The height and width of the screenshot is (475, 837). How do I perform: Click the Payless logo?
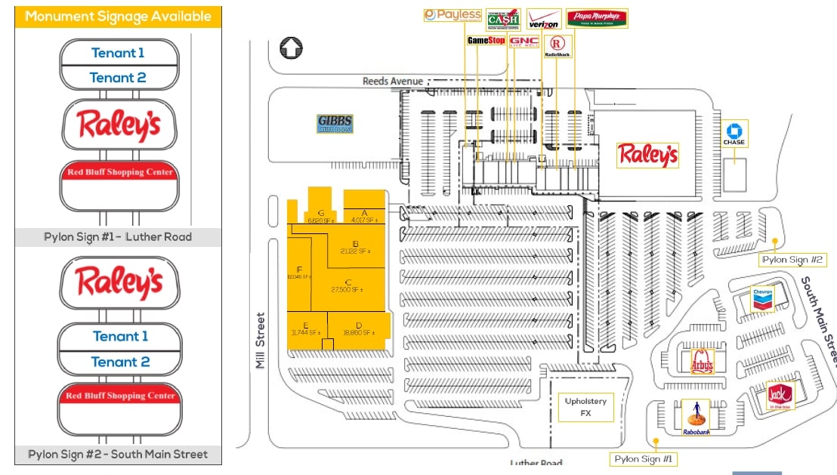pyautogui.click(x=452, y=15)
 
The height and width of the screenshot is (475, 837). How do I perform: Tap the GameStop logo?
pyautogui.click(x=486, y=40)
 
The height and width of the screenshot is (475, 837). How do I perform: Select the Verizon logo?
pyautogui.click(x=543, y=20)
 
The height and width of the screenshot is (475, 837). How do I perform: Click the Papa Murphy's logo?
pyautogui.click(x=597, y=18)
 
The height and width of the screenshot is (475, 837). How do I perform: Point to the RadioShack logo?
pyautogui.click(x=557, y=46)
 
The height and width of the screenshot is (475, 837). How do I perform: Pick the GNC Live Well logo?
pyautogui.click(x=524, y=42)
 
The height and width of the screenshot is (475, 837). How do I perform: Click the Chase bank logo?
pyautogui.click(x=734, y=134)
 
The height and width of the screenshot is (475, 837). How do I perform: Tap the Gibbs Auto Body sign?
pyautogui.click(x=335, y=124)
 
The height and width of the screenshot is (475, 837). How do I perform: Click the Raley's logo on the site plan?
pyautogui.click(x=647, y=156)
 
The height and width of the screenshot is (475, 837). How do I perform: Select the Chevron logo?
pyautogui.click(x=762, y=299)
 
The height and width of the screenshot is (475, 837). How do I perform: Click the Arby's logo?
pyautogui.click(x=703, y=362)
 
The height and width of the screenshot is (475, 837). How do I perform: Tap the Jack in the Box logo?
pyautogui.click(x=779, y=396)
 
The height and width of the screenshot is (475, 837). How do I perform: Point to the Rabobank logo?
pyautogui.click(x=696, y=418)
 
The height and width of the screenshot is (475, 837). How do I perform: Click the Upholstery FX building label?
pyautogui.click(x=585, y=407)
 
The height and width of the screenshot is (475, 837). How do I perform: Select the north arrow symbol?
pyautogui.click(x=289, y=48)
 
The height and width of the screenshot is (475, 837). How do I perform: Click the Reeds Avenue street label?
pyautogui.click(x=393, y=82)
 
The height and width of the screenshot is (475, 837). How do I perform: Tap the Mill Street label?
pyautogui.click(x=261, y=340)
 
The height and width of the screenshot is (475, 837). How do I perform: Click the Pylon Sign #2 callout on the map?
pyautogui.click(x=792, y=260)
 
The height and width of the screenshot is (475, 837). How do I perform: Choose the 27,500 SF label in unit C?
pyautogui.click(x=347, y=289)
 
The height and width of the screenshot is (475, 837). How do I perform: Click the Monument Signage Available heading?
pyautogui.click(x=118, y=17)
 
